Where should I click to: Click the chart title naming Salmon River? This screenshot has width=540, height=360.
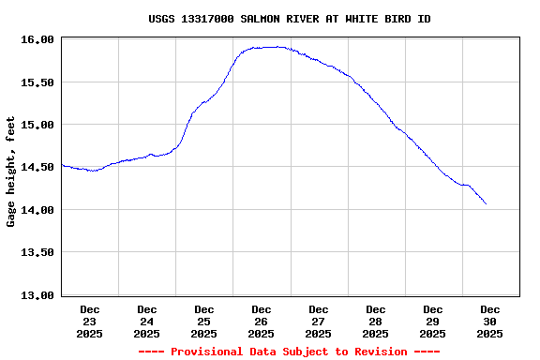[x=290, y=19]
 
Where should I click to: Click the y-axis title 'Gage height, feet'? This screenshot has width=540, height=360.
[x=11, y=172]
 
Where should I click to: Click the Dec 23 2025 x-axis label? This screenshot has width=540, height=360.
[x=90, y=321]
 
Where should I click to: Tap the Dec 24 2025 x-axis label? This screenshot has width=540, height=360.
[x=147, y=321]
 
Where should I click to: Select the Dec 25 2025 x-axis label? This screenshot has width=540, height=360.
[x=204, y=321]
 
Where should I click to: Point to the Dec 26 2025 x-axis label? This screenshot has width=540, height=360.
[x=262, y=321]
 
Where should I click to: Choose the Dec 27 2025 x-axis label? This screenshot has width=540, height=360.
[x=319, y=321]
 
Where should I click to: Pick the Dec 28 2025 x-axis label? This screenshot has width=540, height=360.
[x=376, y=321]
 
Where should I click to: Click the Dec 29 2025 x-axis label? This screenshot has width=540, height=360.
[x=433, y=321]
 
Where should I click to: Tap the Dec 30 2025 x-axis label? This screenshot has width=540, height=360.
[x=490, y=321]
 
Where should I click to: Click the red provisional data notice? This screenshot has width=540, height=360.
[x=290, y=352]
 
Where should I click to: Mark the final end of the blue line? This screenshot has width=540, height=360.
[x=486, y=203]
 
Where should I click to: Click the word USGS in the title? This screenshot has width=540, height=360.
[x=161, y=19]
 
